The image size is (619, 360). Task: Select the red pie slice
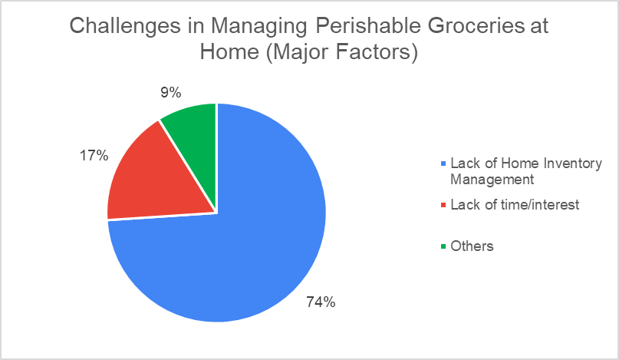click(x=158, y=182)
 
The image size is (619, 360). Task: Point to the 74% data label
click(x=321, y=302)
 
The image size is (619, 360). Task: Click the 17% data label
click(x=94, y=156)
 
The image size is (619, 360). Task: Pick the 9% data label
click(x=170, y=92)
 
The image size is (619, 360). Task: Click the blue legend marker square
click(x=443, y=163)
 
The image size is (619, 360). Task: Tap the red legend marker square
click(x=443, y=205)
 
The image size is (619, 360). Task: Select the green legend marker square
click(x=443, y=246)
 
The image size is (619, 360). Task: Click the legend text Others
click(x=472, y=246)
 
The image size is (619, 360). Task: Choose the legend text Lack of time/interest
click(x=515, y=205)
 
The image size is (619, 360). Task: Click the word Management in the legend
click(x=492, y=180)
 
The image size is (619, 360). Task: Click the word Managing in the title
click(x=259, y=26)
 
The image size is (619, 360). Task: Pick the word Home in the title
click(x=229, y=51)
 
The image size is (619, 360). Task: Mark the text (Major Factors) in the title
click(x=342, y=52)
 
